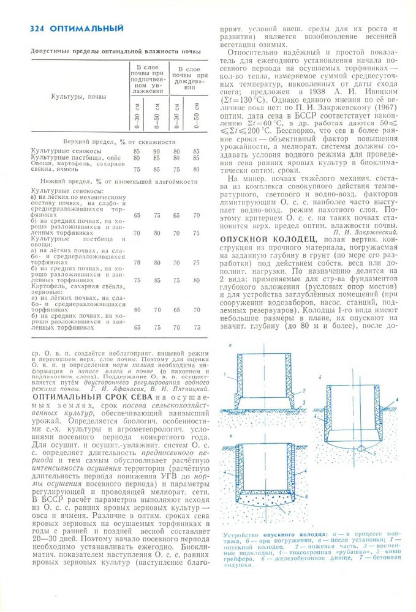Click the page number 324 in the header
pyautogui.click(x=38, y=28)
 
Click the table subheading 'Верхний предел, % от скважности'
pyautogui.click(x=115, y=141)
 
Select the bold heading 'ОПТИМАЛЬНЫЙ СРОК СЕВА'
pyautogui.click(x=86, y=397)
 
